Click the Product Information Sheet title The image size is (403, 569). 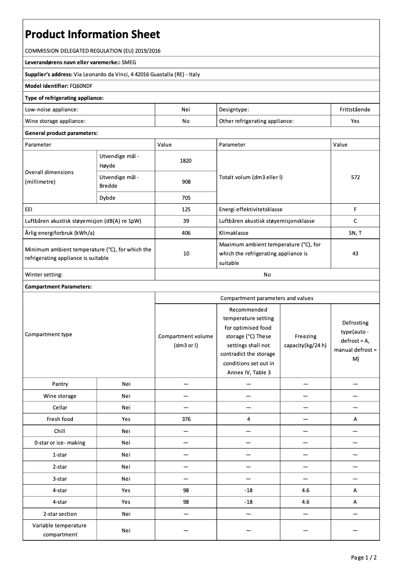pyautogui.click(x=92, y=34)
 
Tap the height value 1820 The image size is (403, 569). pyautogui.click(x=186, y=161)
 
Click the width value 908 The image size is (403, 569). pyautogui.click(x=186, y=182)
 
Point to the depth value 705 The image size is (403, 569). pyautogui.click(x=186, y=198)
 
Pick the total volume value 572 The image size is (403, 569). pyautogui.click(x=355, y=177)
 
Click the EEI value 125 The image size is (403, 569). pyautogui.click(x=186, y=209)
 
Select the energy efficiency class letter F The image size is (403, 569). pyautogui.click(x=355, y=209)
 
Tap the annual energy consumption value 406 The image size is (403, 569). pyautogui.click(x=186, y=233)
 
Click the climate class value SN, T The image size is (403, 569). pyautogui.click(x=355, y=233)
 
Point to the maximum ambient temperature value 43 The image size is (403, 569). pyautogui.click(x=355, y=253)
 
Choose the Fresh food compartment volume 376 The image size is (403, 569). pyautogui.click(x=186, y=419)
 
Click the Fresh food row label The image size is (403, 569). pyautogui.click(x=60, y=419)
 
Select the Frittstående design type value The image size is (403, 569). pyautogui.click(x=355, y=109)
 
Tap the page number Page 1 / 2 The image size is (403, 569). pyautogui.click(x=363, y=557)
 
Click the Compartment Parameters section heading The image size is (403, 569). pyautogui.click(x=58, y=287)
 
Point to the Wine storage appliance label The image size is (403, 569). pyautogui.click(x=55, y=121)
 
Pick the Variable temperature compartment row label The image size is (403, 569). pyautogui.click(x=60, y=530)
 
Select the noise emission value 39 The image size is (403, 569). pyautogui.click(x=186, y=221)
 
